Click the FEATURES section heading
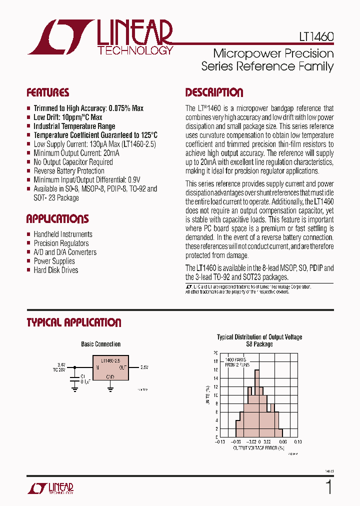coord(48,93)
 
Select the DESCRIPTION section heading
coord(214,92)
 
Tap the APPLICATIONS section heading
coord(57,219)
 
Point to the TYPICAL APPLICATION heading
coord(74,323)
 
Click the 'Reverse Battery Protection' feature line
coord(69,171)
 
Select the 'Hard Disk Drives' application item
coord(56,270)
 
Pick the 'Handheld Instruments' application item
coord(63,234)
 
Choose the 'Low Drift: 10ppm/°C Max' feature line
coord(68,117)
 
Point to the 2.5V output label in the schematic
coord(144,367)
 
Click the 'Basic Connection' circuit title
coord(100,344)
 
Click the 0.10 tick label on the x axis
coord(297,442)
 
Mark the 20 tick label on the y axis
coord(215,353)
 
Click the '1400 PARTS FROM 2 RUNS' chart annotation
coord(236,362)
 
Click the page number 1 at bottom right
coord(328,487)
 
